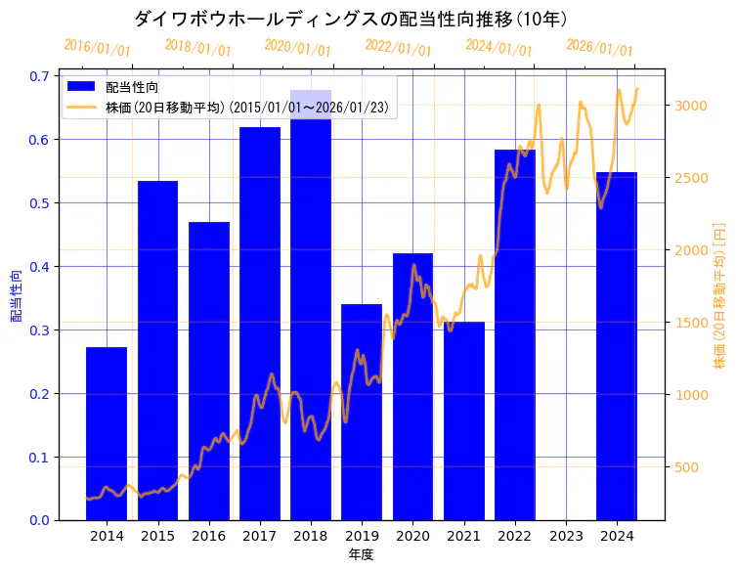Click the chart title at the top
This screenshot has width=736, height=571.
(x=350, y=19)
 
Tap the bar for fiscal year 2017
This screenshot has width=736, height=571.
(x=260, y=323)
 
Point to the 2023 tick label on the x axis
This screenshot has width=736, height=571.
(x=566, y=536)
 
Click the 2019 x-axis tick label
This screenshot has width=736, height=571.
(x=362, y=536)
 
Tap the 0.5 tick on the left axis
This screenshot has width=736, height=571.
(x=42, y=203)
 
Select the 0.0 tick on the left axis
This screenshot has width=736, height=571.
(x=42, y=520)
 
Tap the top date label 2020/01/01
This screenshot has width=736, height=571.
(x=298, y=48)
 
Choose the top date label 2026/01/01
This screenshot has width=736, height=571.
(x=599, y=48)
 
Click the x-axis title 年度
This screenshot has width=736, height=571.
(x=362, y=554)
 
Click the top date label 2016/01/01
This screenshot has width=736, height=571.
(x=97, y=48)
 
